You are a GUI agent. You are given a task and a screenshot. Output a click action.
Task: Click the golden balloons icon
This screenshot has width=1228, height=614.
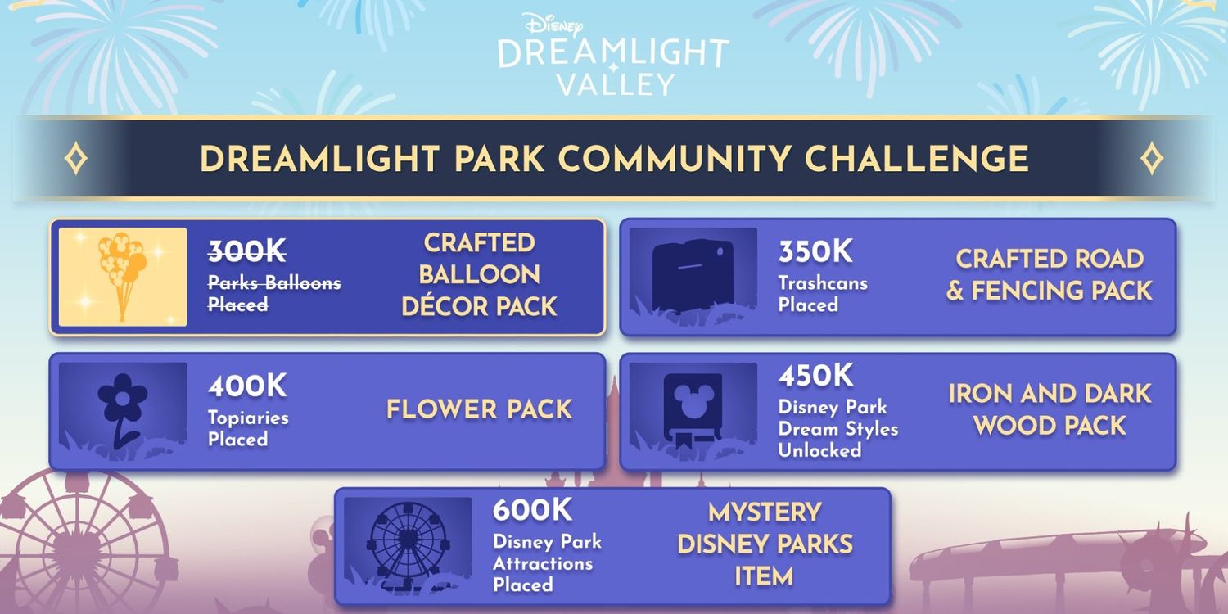pyautogui.click(x=122, y=276)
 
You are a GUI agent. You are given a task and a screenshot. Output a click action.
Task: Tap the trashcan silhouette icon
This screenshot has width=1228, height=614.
pyautogui.click(x=693, y=275)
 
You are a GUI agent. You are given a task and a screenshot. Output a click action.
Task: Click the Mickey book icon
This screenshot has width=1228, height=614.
pyautogui.click(x=693, y=409)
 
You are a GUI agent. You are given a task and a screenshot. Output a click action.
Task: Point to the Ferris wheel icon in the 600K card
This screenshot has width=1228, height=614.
pyautogui.click(x=407, y=543)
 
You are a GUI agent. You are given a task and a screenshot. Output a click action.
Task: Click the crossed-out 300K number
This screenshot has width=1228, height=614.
pyautogui.click(x=246, y=251)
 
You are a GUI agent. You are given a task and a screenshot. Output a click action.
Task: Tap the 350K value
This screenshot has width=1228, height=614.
pyautogui.click(x=815, y=251)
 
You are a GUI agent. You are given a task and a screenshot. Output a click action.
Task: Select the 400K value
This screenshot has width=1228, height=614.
pyautogui.click(x=247, y=386)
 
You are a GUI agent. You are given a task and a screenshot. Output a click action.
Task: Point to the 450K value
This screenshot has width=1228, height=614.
pyautogui.click(x=815, y=376)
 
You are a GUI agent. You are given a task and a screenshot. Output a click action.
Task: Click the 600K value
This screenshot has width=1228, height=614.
pyautogui.click(x=532, y=510)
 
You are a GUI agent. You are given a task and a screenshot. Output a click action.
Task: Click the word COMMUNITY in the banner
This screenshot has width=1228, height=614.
pyautogui.click(x=675, y=159)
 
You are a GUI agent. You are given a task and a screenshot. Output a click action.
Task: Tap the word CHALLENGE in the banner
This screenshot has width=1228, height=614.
pyautogui.click(x=917, y=159)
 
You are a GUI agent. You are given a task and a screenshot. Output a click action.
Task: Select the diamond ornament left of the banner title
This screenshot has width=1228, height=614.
pyautogui.click(x=75, y=159)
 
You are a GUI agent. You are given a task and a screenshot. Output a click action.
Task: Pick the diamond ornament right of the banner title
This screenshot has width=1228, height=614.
pyautogui.click(x=1152, y=159)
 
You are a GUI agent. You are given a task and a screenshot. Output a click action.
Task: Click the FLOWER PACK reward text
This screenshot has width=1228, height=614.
pyautogui.click(x=479, y=409)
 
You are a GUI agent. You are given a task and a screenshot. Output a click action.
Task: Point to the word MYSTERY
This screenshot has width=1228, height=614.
pyautogui.click(x=765, y=512)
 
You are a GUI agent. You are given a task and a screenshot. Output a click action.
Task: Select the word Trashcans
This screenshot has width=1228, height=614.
pyautogui.click(x=823, y=283)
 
